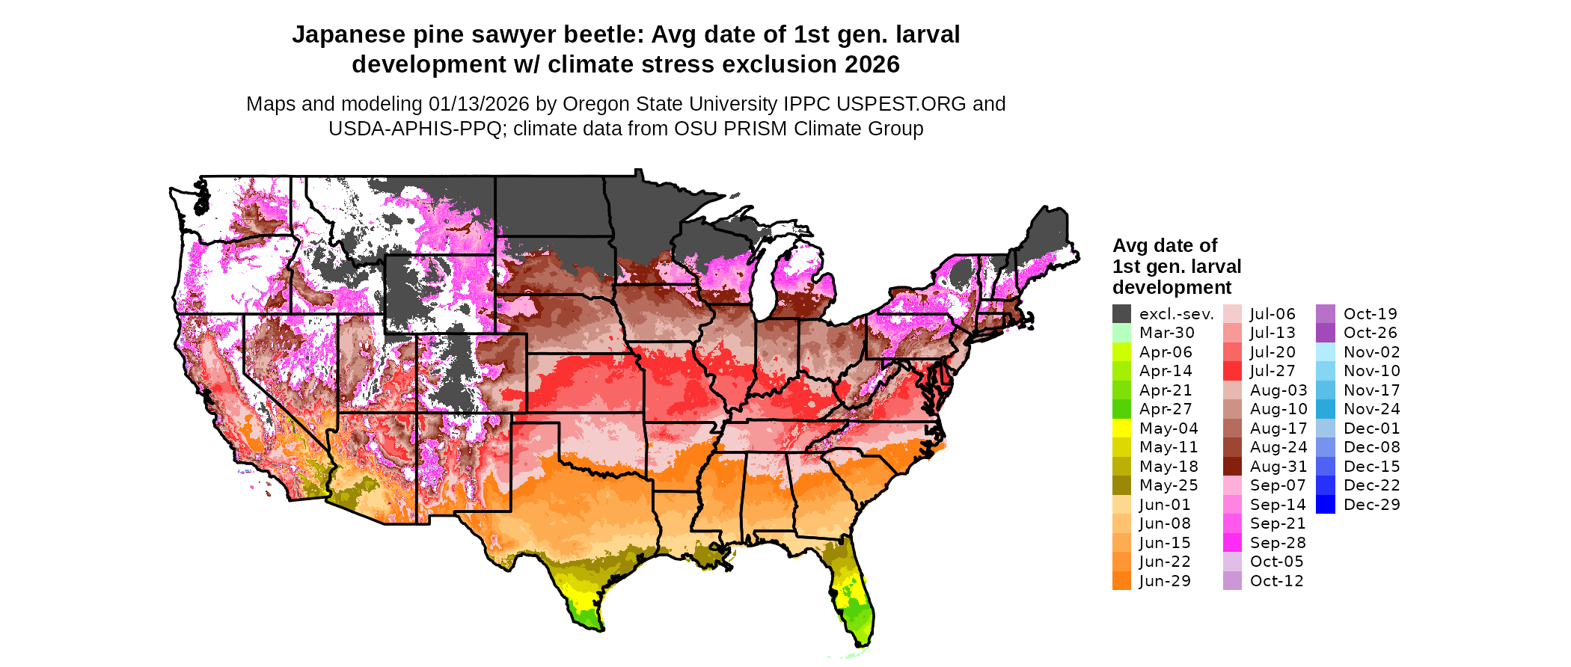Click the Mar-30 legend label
click(x=1166, y=333)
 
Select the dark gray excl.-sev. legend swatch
click(x=1121, y=314)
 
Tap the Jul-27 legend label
click(x=1273, y=371)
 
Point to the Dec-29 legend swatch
click(x=1325, y=505)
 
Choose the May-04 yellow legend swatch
click(x=1121, y=428)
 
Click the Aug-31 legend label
click(x=1278, y=467)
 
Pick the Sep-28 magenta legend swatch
click(x=1232, y=543)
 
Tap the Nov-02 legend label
click(x=1371, y=352)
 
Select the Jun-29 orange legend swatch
click(x=1121, y=581)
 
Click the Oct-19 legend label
click(x=1370, y=314)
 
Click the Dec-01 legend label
click(x=1371, y=428)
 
